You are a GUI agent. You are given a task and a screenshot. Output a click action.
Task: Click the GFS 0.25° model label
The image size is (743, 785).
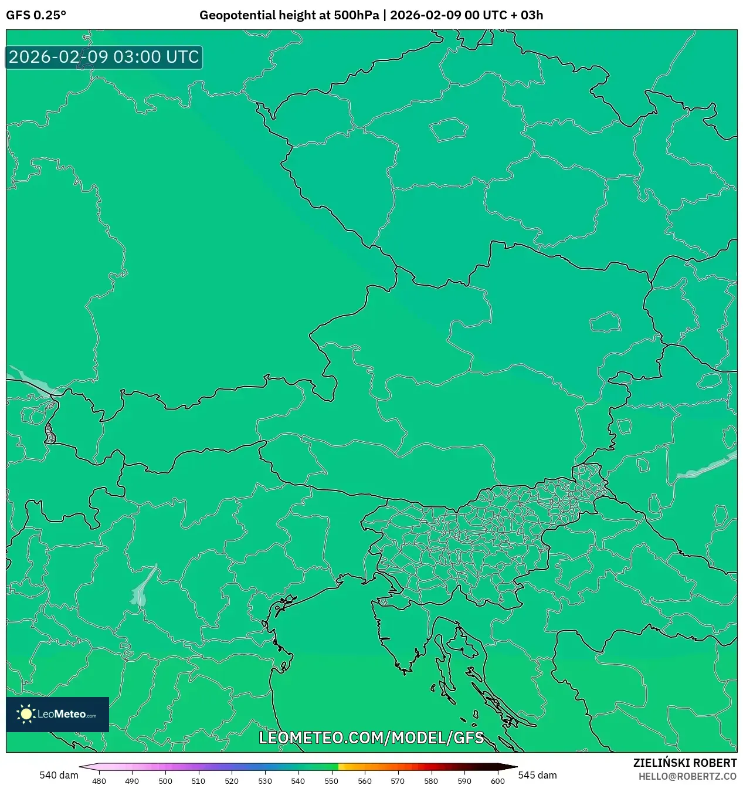[36, 15]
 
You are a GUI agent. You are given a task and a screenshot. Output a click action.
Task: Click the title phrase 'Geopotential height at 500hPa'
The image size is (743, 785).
[289, 15]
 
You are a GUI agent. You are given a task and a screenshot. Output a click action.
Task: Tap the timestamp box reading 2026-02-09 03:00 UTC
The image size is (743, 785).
[104, 57]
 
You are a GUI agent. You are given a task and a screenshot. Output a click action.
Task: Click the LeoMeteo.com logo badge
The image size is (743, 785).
[57, 714]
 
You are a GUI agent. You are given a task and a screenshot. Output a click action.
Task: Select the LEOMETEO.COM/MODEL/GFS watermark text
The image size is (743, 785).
[371, 737]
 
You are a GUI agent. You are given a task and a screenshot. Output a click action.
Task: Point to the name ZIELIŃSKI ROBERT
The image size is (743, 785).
[684, 763]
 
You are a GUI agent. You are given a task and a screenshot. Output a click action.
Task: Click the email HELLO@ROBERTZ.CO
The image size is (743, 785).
[687, 776]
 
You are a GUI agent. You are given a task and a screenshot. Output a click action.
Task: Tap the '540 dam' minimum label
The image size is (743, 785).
[59, 775]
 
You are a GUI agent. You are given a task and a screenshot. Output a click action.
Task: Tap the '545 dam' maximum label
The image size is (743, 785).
[537, 775]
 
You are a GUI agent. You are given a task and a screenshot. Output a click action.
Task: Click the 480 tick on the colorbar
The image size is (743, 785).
[99, 781]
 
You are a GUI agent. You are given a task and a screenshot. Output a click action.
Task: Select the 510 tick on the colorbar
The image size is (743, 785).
[198, 781]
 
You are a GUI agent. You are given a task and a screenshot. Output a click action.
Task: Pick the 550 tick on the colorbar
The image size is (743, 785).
[331, 781]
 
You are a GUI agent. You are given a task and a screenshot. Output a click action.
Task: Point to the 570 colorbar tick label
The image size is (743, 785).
[398, 781]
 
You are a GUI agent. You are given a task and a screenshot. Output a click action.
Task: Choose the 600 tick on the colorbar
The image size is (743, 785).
[497, 781]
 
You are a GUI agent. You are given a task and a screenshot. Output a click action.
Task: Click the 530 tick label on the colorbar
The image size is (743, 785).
[265, 781]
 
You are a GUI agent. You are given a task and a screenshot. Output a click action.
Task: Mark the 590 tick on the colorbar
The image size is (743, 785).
[464, 781]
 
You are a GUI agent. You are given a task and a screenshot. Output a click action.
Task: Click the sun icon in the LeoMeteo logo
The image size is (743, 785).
[26, 714]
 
